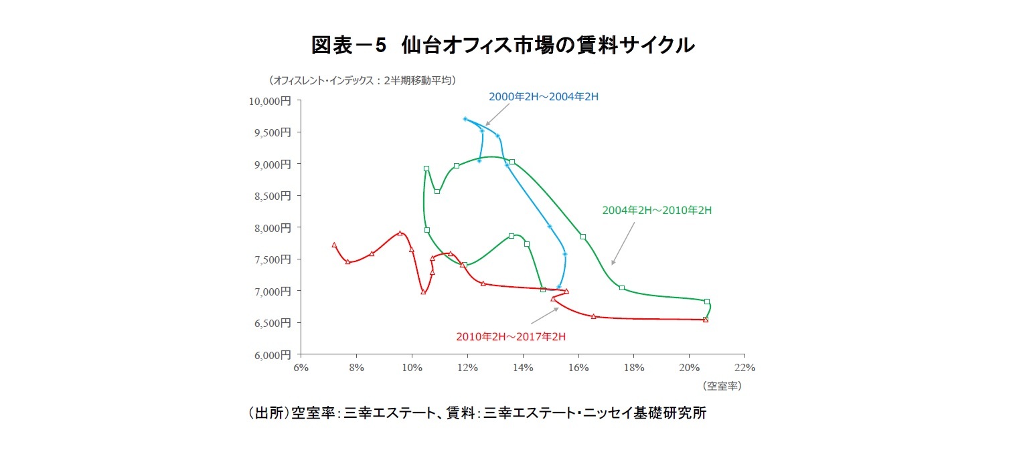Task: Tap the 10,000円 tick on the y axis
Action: pyautogui.click(x=270, y=101)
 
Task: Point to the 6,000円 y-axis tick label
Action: pyautogui.click(x=273, y=354)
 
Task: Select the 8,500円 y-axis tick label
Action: pyautogui.click(x=273, y=196)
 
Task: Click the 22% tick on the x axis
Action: pyautogui.click(x=744, y=367)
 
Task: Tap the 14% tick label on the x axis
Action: pyautogui.click(x=523, y=367)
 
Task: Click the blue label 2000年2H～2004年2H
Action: pyautogui.click(x=543, y=96)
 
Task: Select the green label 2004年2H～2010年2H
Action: pyautogui.click(x=656, y=210)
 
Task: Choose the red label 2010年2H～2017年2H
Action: pyautogui.click(x=511, y=336)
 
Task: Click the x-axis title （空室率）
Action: pyautogui.click(x=722, y=386)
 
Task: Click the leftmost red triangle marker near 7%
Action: pyautogui.click(x=334, y=245)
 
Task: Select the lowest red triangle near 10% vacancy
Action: pyautogui.click(x=423, y=292)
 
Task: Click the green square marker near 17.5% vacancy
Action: pyautogui.click(x=622, y=288)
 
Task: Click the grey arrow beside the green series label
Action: pyautogui.click(x=623, y=243)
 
